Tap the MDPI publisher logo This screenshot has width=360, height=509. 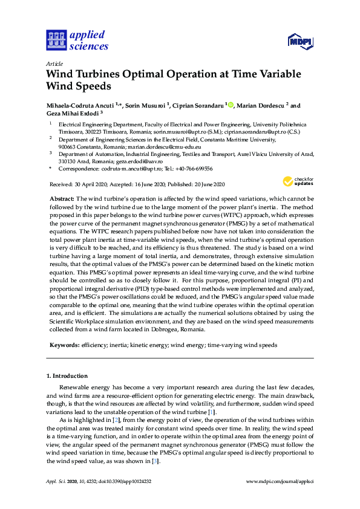[x=299, y=42]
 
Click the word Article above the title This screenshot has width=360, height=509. [x=54, y=62]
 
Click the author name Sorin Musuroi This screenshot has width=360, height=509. [x=145, y=106]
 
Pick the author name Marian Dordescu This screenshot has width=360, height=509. [x=260, y=106]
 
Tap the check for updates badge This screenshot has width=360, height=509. [x=297, y=181]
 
